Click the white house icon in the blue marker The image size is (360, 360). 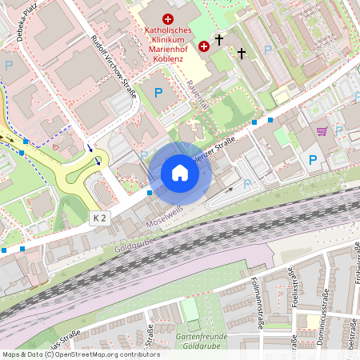(180, 173)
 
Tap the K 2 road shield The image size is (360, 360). (99, 218)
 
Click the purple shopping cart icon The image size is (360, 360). (322, 131)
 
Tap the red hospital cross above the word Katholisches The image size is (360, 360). (167, 18)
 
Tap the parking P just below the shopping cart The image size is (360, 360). (313, 160)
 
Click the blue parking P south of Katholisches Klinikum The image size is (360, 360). (158, 94)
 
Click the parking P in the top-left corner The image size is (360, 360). (9, 65)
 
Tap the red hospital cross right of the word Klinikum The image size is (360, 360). (203, 46)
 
